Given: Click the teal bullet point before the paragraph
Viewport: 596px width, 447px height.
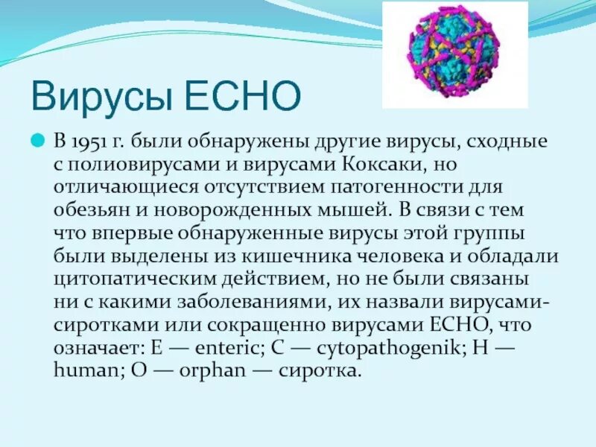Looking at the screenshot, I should click(x=35, y=141).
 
